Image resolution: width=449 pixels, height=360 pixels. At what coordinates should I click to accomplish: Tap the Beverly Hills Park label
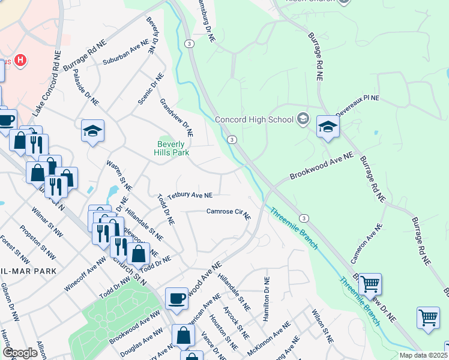(173, 148)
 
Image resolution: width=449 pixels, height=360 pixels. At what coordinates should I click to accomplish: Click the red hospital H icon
(21, 60)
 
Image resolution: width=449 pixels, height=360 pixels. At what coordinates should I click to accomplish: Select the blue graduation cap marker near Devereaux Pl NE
(328, 127)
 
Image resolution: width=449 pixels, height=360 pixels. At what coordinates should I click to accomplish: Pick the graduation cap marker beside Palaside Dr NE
(93, 131)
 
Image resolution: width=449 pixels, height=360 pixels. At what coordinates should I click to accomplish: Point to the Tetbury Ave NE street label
(190, 196)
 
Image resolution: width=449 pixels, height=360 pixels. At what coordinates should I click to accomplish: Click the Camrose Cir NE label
(228, 212)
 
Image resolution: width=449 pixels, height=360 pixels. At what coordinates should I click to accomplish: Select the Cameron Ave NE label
(367, 244)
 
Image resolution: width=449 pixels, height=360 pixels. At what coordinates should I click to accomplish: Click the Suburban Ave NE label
(125, 52)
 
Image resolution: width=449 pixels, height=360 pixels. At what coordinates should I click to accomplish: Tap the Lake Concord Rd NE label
(47, 84)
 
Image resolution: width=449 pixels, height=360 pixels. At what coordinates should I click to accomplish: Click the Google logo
(20, 353)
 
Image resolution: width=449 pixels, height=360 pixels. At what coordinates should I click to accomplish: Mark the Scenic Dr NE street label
(150, 88)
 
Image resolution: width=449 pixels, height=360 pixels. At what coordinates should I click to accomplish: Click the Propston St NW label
(38, 242)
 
